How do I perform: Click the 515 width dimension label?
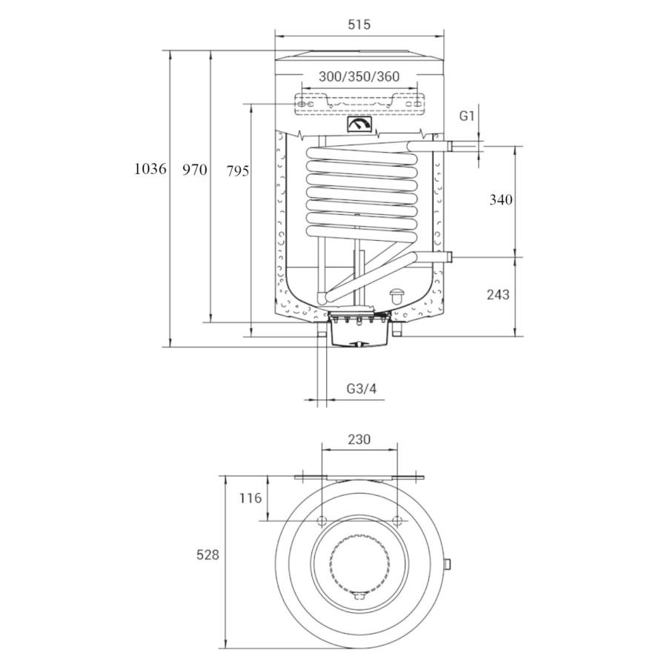(x=359, y=24)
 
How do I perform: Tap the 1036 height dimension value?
(x=150, y=169)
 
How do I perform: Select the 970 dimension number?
(x=194, y=170)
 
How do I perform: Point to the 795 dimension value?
(x=237, y=171)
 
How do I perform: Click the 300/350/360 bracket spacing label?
(x=359, y=76)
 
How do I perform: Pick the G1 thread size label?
(x=467, y=116)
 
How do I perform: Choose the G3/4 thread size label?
(x=362, y=388)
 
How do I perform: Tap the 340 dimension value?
(x=501, y=199)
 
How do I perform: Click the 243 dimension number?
(x=498, y=294)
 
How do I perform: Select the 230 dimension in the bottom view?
(x=359, y=439)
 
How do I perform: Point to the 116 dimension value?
(x=250, y=498)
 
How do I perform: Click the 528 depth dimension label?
(x=208, y=554)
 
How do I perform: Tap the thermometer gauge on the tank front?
(x=359, y=125)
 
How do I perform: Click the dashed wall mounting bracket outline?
(x=359, y=104)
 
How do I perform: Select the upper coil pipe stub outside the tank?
(x=458, y=147)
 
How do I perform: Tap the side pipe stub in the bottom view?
(x=447, y=564)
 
